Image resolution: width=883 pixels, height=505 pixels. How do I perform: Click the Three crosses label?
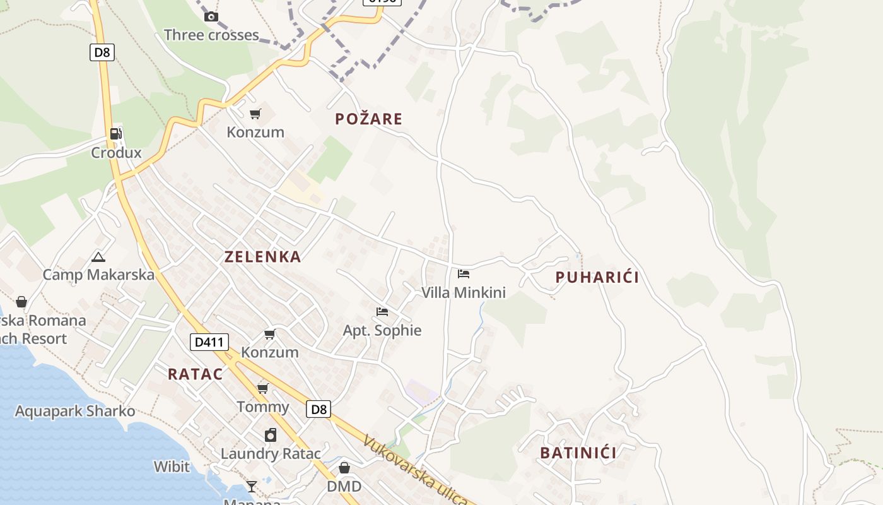(x=211, y=35)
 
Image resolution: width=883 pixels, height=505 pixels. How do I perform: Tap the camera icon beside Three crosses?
(x=211, y=16)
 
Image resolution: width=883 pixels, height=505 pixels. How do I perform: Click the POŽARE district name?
(x=369, y=119)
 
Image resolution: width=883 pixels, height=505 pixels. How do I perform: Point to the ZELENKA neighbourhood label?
(x=263, y=257)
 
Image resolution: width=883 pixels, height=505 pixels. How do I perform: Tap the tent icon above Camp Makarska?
(x=98, y=257)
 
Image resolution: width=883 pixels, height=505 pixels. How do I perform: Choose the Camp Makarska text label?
(x=98, y=275)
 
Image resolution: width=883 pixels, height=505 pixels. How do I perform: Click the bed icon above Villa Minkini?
(x=464, y=274)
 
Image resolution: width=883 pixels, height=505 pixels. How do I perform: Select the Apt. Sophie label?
(x=382, y=330)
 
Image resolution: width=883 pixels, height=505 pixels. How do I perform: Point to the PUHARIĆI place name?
(x=597, y=277)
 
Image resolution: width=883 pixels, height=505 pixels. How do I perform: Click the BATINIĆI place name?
(x=578, y=453)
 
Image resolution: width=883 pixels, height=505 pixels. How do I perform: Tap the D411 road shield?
(x=209, y=343)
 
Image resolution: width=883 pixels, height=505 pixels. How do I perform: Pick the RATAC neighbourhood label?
(x=196, y=374)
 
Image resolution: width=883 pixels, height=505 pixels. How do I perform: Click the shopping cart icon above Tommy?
(x=263, y=388)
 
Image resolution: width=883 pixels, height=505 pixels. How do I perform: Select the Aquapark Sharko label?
(x=75, y=411)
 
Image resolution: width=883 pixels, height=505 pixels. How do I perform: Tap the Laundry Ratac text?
(x=271, y=453)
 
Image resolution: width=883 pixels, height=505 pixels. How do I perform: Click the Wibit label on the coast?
(x=172, y=466)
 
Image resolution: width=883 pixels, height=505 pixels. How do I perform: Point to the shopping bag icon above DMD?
(x=344, y=468)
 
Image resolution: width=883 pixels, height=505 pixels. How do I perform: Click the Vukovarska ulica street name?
(x=416, y=470)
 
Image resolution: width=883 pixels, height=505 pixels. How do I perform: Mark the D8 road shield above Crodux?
(x=102, y=52)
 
